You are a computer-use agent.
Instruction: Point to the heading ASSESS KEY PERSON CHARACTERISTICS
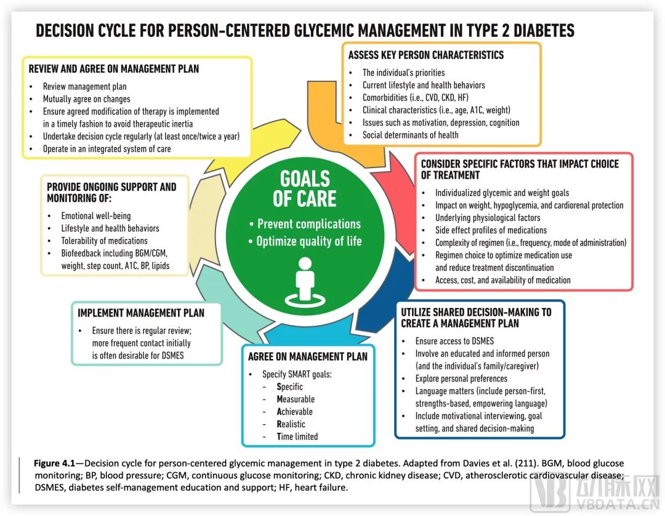click(x=425, y=55)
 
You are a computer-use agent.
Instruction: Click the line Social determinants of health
click(x=410, y=135)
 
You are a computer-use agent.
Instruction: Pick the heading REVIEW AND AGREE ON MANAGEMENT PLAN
click(x=114, y=68)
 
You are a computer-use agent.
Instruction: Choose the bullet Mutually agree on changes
click(x=86, y=99)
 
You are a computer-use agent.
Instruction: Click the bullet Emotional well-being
click(x=95, y=216)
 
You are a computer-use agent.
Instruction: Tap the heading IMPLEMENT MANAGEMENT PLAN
click(x=141, y=313)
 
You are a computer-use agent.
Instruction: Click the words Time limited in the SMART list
click(x=297, y=436)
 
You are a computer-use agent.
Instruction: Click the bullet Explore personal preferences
click(x=461, y=379)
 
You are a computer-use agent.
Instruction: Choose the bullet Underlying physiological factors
click(x=488, y=217)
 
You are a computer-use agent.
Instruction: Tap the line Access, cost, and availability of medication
click(x=502, y=280)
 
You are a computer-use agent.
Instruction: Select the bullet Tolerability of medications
click(x=104, y=241)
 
